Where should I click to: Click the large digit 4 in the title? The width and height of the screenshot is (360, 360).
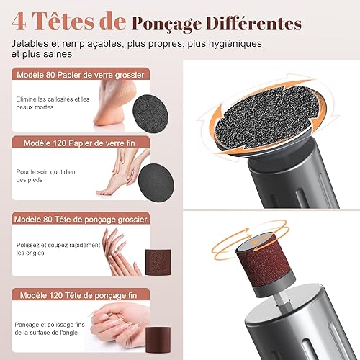coord(19,22)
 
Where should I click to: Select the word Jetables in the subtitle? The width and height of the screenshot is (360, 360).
coord(30,44)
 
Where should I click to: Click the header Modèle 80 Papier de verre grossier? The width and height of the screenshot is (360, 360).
coord(81,75)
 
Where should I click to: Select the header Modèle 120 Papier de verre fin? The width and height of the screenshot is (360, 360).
coord(79,143)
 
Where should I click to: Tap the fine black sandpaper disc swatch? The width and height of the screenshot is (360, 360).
coord(156,183)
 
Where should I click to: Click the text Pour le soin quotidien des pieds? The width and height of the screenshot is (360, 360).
coord(45,176)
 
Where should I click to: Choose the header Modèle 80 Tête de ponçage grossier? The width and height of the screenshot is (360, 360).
coord(81,220)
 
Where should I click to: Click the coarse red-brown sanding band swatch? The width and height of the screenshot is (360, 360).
coord(158,262)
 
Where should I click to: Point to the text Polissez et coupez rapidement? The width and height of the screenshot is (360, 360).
coord(58,245)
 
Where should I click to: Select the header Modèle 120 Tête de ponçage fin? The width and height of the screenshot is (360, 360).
coord(78,295)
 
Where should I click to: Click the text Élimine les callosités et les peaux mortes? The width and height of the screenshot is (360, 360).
coord(53,103)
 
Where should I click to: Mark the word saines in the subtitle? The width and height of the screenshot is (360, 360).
coord(58,54)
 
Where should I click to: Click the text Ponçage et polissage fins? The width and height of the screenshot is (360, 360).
coord(50,325)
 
